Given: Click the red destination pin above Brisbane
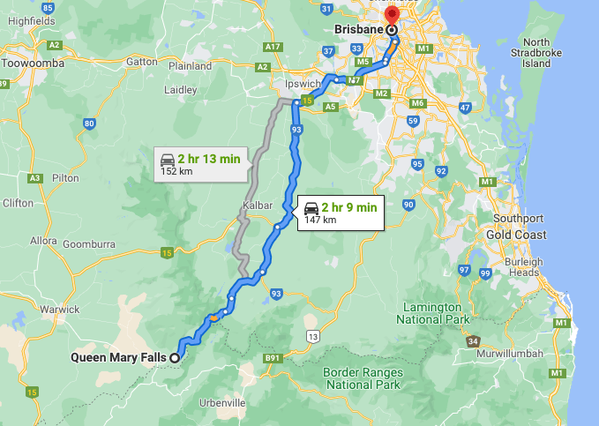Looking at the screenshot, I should click(391, 16).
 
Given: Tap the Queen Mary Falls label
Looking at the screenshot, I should click(119, 357).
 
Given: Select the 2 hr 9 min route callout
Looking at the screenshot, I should click(341, 213).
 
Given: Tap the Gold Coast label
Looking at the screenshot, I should click(515, 235).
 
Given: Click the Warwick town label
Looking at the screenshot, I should click(58, 310).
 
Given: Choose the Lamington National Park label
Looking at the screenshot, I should click(432, 312).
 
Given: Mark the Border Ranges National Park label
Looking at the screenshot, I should click(363, 378).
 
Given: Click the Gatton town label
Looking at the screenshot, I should click(142, 62).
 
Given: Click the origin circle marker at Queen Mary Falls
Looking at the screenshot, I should click(175, 357).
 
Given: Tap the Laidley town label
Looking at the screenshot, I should click(181, 89).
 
